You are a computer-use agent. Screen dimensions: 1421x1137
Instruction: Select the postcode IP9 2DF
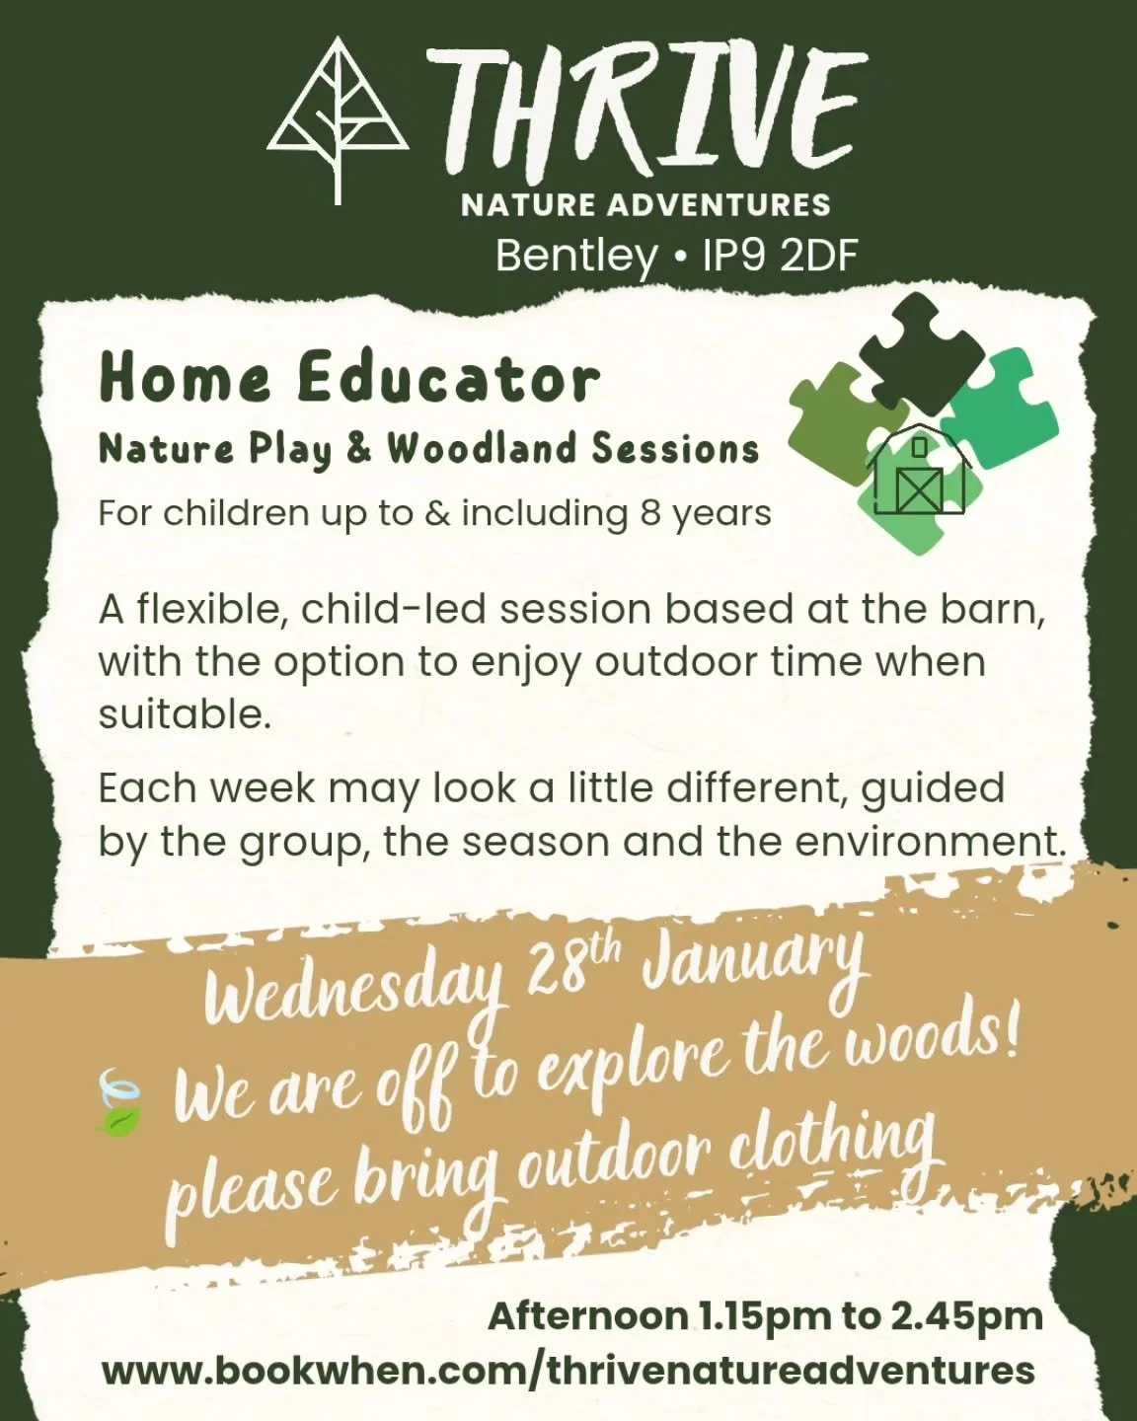(x=780, y=256)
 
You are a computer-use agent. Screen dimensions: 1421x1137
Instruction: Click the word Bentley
(x=576, y=256)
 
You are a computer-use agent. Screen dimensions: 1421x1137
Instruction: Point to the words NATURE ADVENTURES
(x=645, y=205)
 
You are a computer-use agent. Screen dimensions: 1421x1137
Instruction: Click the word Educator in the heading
(x=448, y=379)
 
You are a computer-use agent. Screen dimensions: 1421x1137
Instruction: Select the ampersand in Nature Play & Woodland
(x=358, y=449)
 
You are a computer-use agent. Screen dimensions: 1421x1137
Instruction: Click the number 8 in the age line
(x=649, y=514)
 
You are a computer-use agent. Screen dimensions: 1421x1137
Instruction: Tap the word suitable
(x=184, y=714)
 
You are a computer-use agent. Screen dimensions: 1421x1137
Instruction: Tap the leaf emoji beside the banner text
(x=119, y=1104)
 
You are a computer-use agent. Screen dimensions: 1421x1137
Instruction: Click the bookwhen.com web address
(x=568, y=1371)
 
